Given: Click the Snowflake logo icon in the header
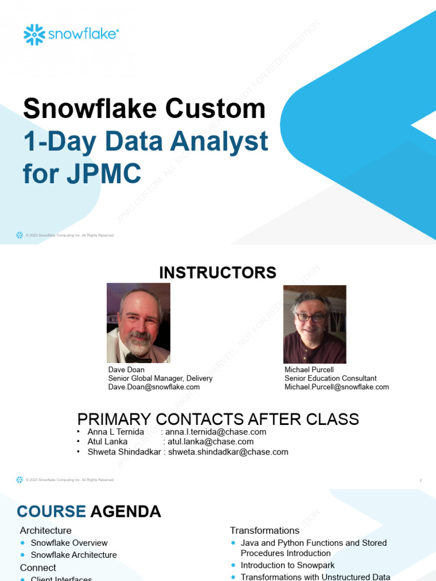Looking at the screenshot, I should (34, 35).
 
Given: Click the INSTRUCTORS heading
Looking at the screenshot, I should (217, 273).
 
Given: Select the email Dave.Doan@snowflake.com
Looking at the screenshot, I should (154, 387).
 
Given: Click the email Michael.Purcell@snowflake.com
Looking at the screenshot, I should (337, 387).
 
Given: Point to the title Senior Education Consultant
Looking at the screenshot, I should (330, 378).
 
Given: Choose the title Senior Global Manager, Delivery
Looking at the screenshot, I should (161, 378).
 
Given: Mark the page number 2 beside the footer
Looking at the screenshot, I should (421, 481).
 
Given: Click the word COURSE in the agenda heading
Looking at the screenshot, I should (51, 512).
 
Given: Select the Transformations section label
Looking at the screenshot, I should (265, 531).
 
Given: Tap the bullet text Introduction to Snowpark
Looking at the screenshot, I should (287, 565).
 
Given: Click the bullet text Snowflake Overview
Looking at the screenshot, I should (69, 543).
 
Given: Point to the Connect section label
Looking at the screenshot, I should (38, 567).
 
